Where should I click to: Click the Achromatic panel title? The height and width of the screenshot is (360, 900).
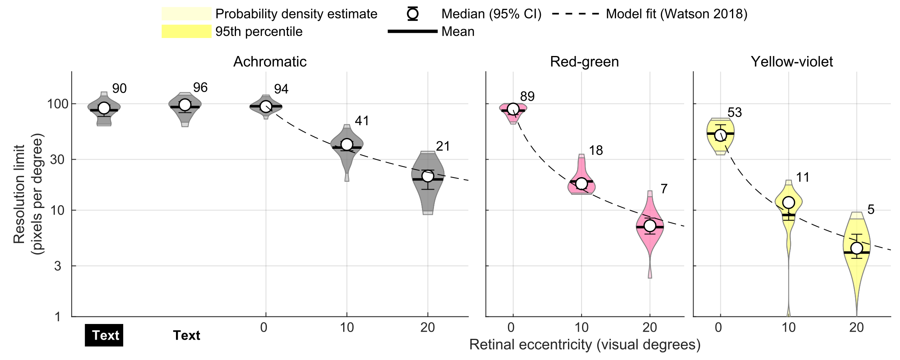coord(270,62)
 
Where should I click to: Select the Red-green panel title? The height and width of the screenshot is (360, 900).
coord(584,62)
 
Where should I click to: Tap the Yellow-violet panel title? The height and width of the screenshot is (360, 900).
coord(792,62)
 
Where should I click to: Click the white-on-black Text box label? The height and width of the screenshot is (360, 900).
coord(104,335)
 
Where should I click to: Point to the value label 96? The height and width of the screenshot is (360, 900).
coord(200,88)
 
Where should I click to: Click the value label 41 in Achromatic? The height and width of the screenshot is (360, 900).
coord(362,121)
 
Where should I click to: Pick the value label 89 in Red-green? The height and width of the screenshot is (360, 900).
coord(527,96)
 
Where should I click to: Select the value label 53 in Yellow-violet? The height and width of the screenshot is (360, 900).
coord(735,113)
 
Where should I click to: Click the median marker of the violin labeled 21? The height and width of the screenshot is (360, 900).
coord(428,176)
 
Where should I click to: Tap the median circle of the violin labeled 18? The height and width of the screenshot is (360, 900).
coord(581,184)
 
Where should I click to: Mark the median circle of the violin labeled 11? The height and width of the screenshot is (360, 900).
coord(788,202)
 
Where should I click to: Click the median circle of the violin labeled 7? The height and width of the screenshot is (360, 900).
coord(650,226)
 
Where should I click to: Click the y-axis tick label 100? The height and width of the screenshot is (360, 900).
coord(56,104)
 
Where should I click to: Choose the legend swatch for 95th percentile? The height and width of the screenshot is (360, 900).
coord(186,32)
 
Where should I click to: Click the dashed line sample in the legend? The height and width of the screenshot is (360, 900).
coord(575,14)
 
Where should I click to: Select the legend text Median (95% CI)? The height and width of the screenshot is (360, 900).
coord(491,14)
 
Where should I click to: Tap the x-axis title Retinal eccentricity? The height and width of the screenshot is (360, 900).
coord(584,344)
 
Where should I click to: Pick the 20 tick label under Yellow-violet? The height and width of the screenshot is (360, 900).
coord(856,328)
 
